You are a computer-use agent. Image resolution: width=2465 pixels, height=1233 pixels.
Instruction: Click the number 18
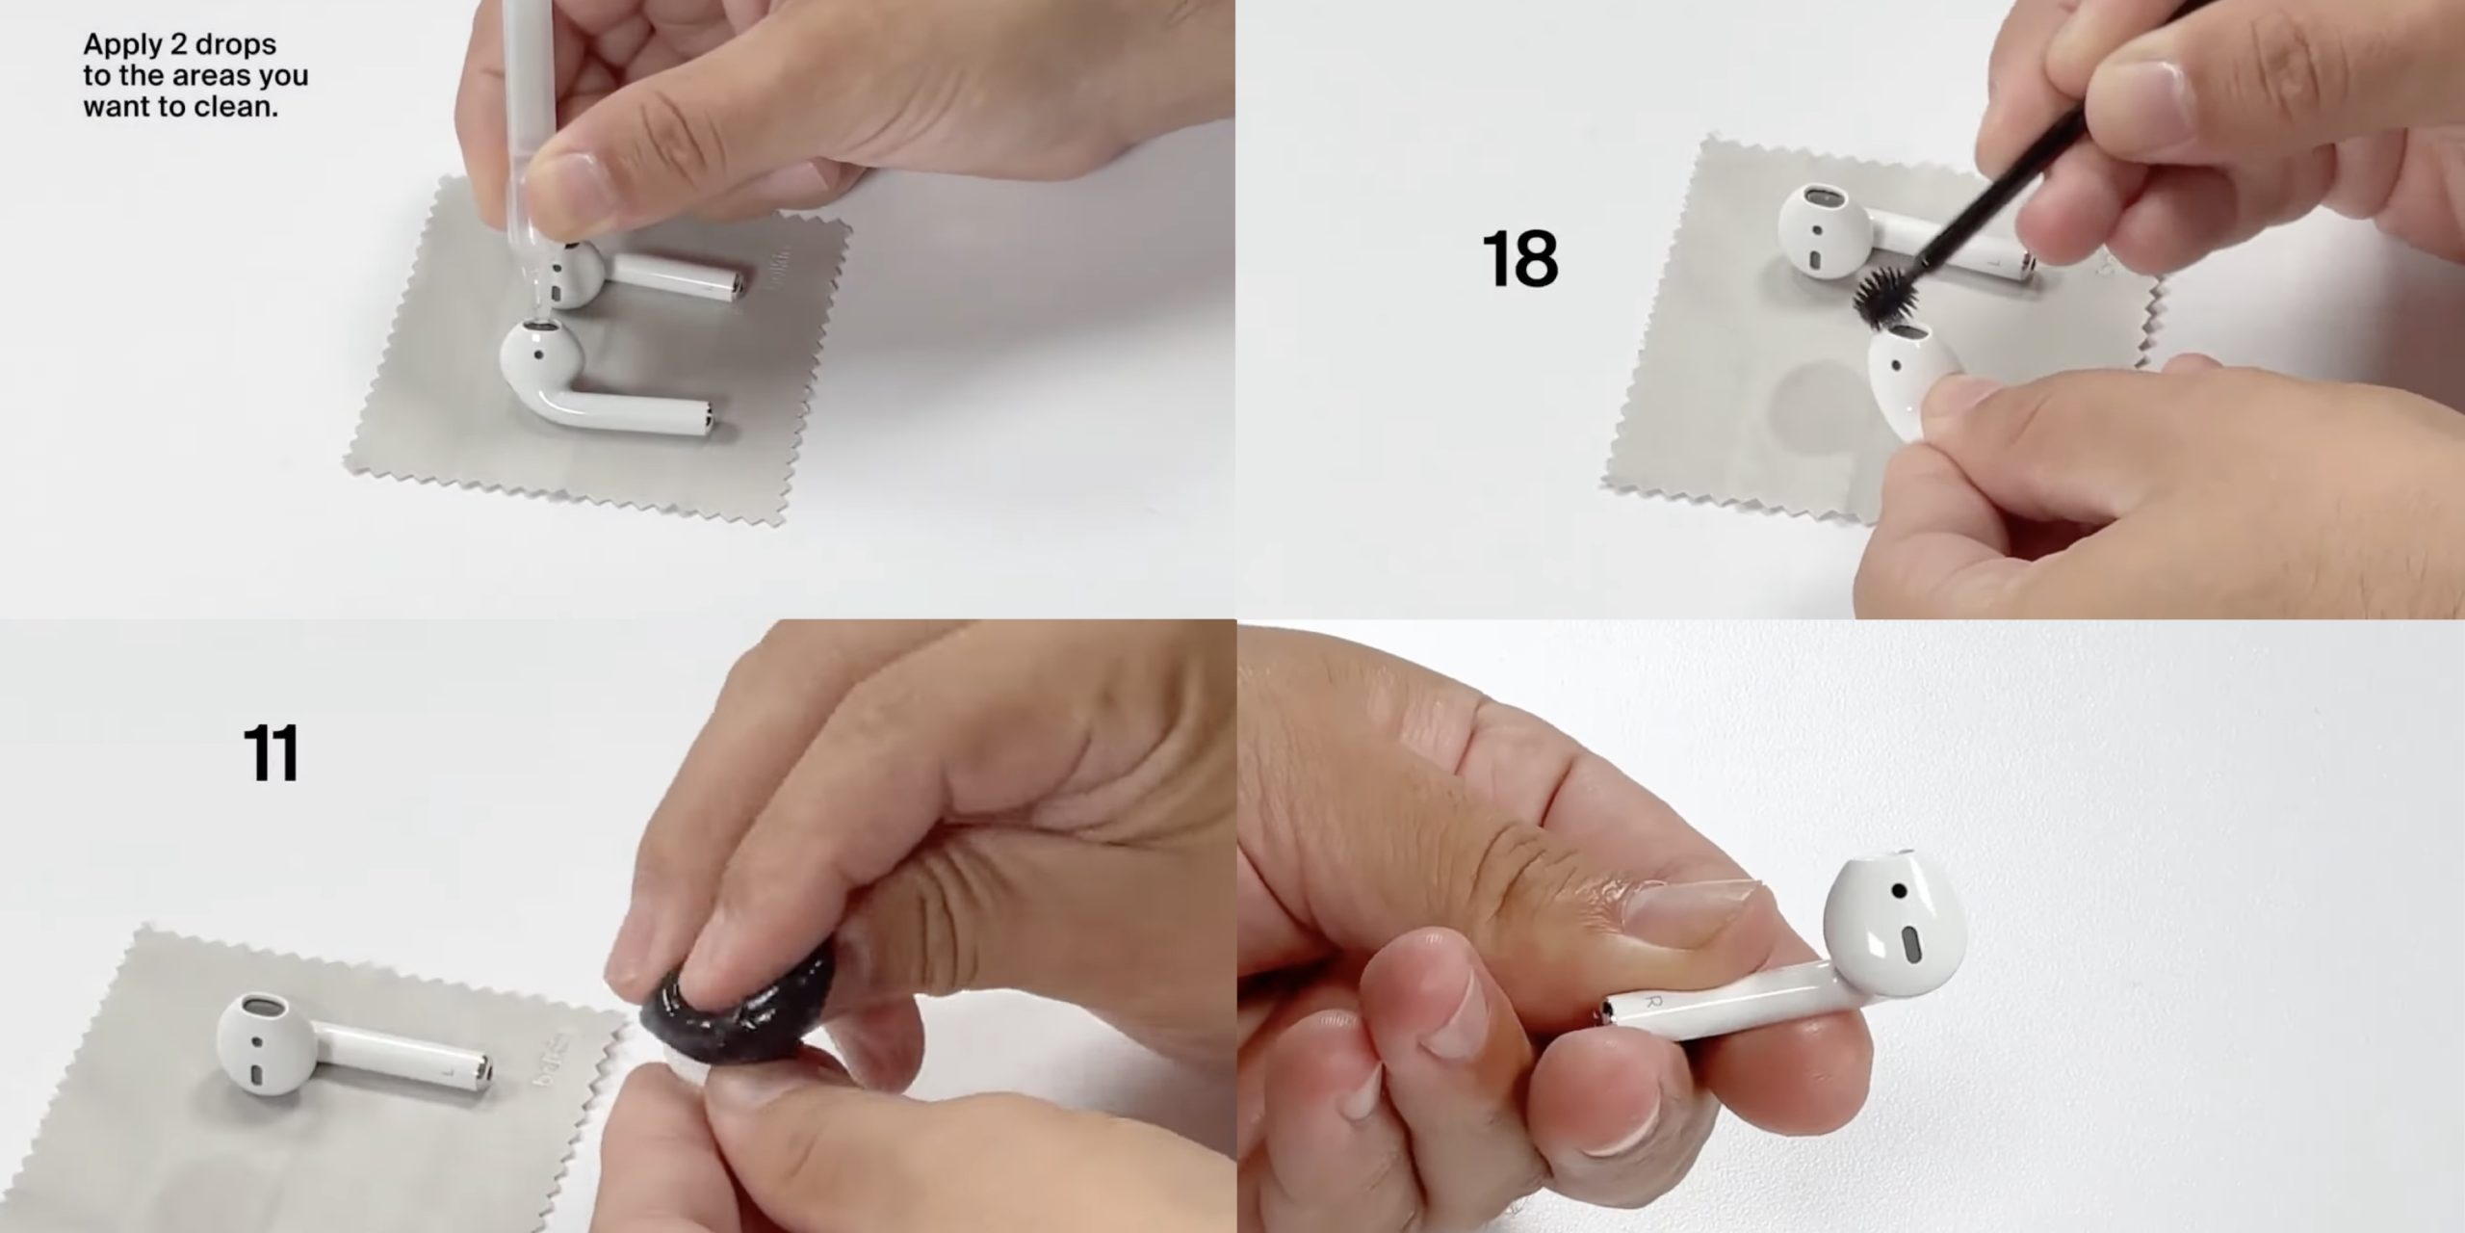(1519, 258)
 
